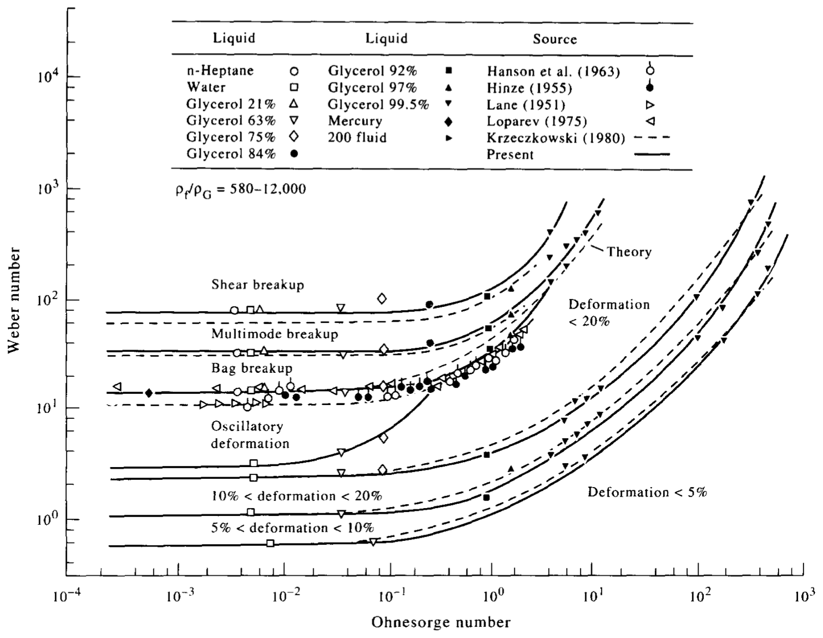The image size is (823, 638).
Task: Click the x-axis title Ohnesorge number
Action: (x=440, y=622)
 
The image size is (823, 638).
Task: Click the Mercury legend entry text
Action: (x=355, y=121)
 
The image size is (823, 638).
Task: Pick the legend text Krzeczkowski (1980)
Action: (x=556, y=138)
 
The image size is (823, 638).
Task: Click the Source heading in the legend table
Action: (x=554, y=39)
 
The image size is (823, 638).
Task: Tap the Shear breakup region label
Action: (x=257, y=285)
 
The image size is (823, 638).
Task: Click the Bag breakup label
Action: (x=251, y=368)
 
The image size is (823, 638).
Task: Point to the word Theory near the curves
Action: (x=628, y=252)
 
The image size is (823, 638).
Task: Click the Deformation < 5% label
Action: (x=647, y=493)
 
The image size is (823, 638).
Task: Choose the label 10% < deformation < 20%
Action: (x=296, y=496)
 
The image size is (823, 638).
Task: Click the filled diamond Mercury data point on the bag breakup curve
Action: (x=148, y=393)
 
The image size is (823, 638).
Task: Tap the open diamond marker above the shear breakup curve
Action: (x=381, y=299)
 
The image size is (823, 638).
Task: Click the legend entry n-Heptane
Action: (x=220, y=71)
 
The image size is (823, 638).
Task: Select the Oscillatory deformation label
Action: (x=250, y=435)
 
